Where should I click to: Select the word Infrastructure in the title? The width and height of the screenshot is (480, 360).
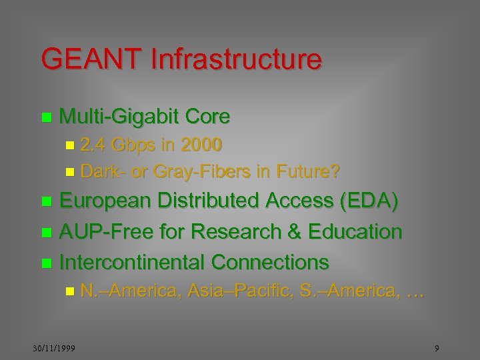(236, 59)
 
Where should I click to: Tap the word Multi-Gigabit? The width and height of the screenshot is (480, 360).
(119, 117)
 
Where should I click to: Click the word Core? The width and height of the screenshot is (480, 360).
(208, 117)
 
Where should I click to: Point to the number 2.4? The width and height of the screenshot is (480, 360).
(94, 145)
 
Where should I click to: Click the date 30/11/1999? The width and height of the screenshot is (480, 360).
(55, 349)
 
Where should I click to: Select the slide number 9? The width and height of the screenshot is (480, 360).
(436, 349)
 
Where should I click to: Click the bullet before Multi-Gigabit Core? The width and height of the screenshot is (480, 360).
(46, 118)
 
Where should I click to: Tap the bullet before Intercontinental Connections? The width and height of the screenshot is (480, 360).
(46, 263)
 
